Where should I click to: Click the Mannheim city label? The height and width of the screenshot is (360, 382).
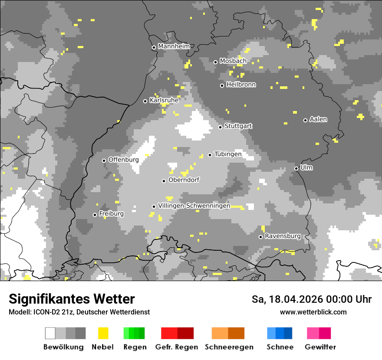(174, 46)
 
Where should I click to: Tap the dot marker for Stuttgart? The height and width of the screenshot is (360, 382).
(220, 127)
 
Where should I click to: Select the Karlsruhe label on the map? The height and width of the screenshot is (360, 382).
(164, 100)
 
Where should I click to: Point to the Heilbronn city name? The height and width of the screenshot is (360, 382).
(241, 85)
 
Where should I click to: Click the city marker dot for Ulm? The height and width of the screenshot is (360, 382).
(296, 168)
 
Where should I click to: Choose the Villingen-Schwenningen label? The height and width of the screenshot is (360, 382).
(194, 206)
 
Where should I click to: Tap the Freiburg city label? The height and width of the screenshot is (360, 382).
(111, 214)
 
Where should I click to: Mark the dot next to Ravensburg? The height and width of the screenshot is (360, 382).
(260, 237)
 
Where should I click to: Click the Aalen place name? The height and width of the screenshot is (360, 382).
(318, 119)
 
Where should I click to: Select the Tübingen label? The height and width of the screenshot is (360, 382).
(228, 154)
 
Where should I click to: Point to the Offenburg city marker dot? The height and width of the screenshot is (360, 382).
(104, 160)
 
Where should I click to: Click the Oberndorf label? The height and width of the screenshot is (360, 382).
(184, 180)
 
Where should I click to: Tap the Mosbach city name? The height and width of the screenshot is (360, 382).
(233, 61)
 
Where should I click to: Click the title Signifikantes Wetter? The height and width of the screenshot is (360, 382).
(72, 299)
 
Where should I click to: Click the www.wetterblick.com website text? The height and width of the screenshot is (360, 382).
(313, 312)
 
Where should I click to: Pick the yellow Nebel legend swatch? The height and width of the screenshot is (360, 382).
(103, 333)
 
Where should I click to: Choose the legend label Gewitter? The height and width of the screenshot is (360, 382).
(320, 347)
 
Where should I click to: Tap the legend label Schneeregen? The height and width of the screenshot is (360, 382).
(229, 347)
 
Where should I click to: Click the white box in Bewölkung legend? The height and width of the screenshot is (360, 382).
(50, 333)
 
